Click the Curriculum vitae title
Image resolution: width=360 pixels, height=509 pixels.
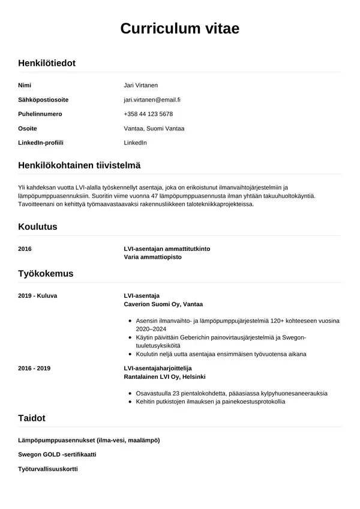[180, 29]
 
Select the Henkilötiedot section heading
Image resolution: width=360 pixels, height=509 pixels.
[47, 62]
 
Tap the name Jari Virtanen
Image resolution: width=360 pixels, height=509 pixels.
[140, 85]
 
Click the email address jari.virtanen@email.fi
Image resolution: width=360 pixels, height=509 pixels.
[152, 100]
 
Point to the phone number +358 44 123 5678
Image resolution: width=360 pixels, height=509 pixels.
[148, 114]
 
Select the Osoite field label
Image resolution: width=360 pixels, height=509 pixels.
[28, 128]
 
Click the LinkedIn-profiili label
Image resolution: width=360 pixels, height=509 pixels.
[41, 143]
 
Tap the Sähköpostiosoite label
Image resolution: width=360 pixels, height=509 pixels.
[43, 100]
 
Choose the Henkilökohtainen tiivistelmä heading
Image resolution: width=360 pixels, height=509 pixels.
[79, 165]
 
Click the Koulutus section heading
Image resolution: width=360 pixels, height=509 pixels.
[38, 227]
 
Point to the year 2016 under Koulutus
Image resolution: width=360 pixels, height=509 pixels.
[25, 248]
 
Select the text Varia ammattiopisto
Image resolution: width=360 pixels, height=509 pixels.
[152, 257]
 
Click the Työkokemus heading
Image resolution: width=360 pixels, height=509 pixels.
[46, 274]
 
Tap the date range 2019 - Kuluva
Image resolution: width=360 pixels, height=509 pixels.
[38, 296]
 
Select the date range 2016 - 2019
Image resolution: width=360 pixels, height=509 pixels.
[35, 368]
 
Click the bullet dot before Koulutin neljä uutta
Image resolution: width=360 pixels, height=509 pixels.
[131, 354]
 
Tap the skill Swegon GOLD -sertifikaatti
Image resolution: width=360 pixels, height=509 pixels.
[57, 454]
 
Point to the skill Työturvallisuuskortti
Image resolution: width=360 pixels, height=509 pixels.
[48, 469]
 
